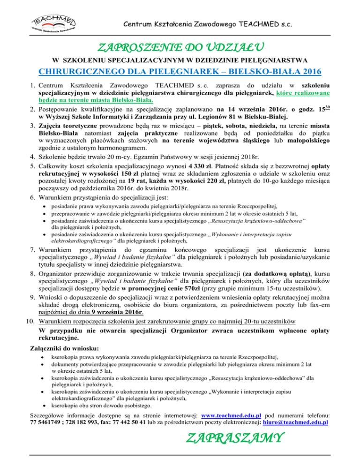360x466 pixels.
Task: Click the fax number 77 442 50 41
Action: (x=132, y=422)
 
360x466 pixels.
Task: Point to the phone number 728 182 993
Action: (x=83, y=422)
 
